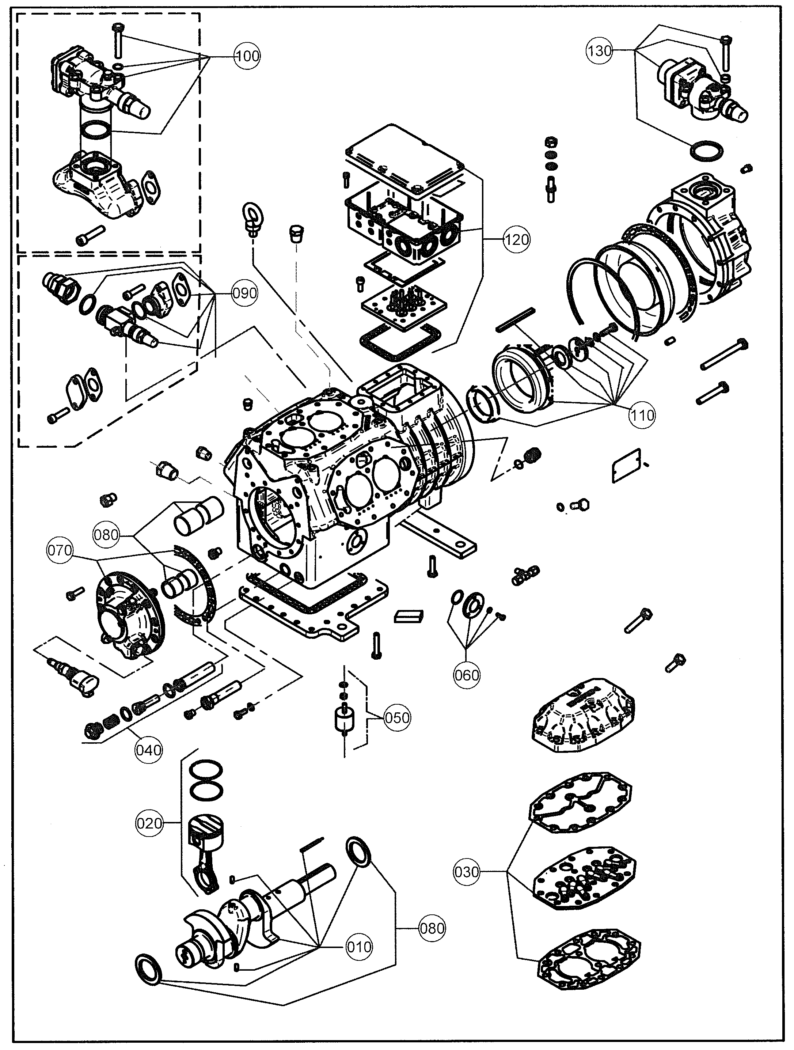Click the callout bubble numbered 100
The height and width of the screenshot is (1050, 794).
[247, 56]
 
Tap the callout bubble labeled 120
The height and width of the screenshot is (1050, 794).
[516, 239]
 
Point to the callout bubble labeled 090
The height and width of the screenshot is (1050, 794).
[244, 293]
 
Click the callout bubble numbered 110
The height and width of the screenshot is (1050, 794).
[642, 415]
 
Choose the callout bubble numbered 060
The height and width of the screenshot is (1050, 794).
[467, 675]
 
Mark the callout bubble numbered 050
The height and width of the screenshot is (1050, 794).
[397, 717]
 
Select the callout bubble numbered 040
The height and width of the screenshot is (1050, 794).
[149, 750]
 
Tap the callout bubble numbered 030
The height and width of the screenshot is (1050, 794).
[467, 872]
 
